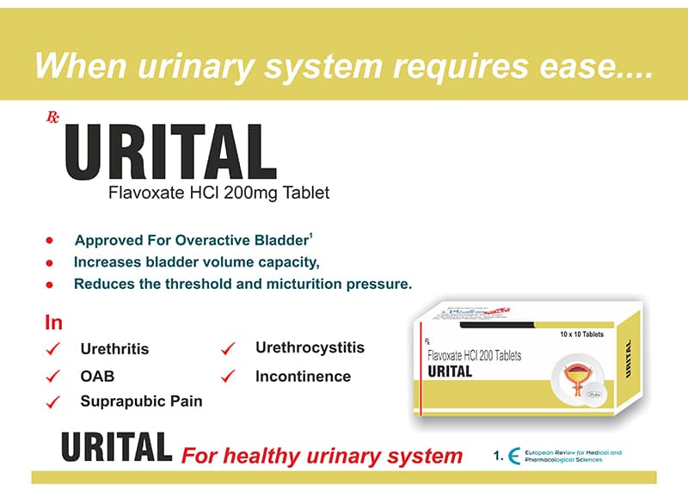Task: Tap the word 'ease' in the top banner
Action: click(593, 66)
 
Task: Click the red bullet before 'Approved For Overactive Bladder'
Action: click(50, 240)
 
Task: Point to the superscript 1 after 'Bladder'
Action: click(310, 234)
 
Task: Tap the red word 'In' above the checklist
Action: click(53, 323)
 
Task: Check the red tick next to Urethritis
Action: click(53, 348)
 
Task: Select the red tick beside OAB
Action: click(53, 375)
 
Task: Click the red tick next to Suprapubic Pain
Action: click(53, 401)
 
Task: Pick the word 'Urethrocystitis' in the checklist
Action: click(310, 347)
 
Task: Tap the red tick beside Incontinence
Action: click(228, 376)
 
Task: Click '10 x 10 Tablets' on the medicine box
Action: click(582, 334)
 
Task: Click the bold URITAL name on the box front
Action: click(450, 371)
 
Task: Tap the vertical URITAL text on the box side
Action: click(629, 359)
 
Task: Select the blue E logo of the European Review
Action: click(514, 457)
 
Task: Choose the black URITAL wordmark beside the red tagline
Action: click(116, 448)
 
